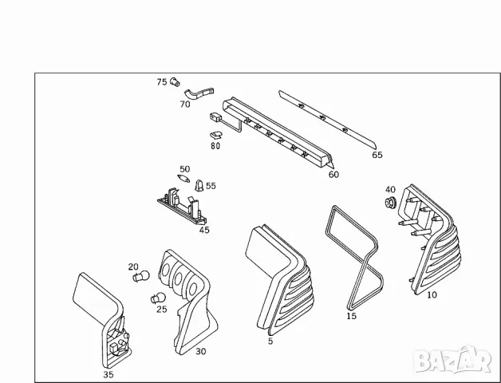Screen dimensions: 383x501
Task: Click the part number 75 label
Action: click(161, 82)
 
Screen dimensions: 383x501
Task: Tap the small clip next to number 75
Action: click(176, 81)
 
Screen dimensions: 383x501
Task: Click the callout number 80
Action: click(215, 146)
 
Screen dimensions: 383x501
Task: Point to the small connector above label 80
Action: click(216, 120)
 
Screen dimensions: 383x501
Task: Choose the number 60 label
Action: click(333, 174)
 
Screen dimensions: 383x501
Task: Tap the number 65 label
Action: click(377, 155)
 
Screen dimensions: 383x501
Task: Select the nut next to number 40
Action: click(390, 204)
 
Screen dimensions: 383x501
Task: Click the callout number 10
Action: click(432, 294)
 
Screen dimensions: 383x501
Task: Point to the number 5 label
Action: click(271, 342)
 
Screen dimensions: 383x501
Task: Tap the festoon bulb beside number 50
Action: click(182, 181)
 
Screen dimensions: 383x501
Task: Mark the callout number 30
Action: click(200, 350)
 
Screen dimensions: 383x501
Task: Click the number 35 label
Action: click(108, 373)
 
